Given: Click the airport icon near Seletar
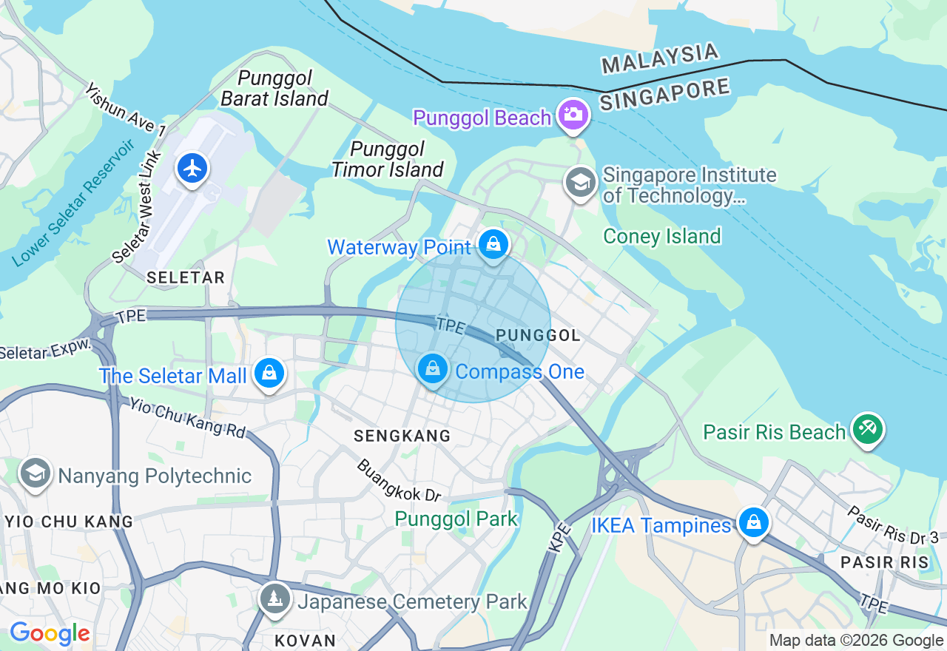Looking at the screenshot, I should pyautogui.click(x=192, y=169).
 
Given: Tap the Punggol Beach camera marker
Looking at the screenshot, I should pyautogui.click(x=573, y=114).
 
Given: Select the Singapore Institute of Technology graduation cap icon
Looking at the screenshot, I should pyautogui.click(x=580, y=182).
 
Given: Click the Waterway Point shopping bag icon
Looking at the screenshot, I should pyautogui.click(x=493, y=243).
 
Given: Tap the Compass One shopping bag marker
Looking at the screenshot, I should pyautogui.click(x=433, y=368).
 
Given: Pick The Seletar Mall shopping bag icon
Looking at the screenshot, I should pyautogui.click(x=269, y=374).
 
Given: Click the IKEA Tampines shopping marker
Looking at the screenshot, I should pyautogui.click(x=753, y=523).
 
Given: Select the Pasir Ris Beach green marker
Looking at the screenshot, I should pyautogui.click(x=867, y=428).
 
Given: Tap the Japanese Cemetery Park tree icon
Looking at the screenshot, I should pyautogui.click(x=274, y=598).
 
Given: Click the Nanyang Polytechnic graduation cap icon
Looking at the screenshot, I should pyautogui.click(x=35, y=473).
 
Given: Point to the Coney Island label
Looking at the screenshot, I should pyautogui.click(x=661, y=237).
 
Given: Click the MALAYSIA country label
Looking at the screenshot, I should pyautogui.click(x=659, y=58).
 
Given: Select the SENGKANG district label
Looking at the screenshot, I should pyautogui.click(x=402, y=436).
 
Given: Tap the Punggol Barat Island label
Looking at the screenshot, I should pyautogui.click(x=274, y=88).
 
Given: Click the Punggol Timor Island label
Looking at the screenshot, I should pyautogui.click(x=387, y=159).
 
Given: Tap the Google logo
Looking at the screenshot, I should pyautogui.click(x=50, y=634).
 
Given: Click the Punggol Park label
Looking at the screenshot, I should pyautogui.click(x=456, y=519).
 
